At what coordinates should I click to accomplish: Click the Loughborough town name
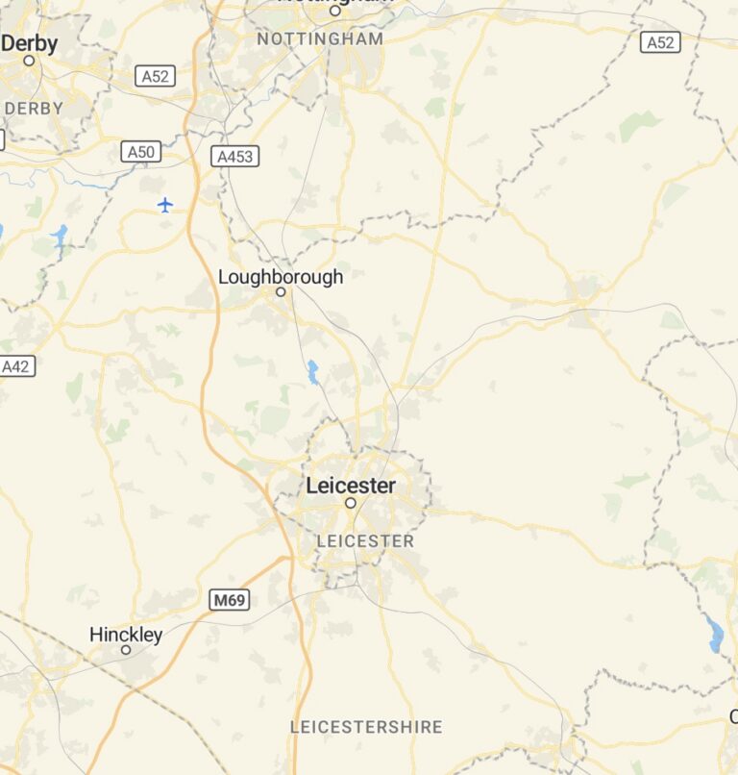(280, 277)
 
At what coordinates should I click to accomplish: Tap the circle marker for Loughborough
(281, 291)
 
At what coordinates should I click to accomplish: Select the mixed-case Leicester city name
(350, 486)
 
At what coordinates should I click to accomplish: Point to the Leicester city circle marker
(351, 503)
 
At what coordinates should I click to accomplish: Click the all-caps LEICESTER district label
(365, 541)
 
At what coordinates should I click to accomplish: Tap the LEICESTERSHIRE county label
(366, 727)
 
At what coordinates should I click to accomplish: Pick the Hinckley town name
(126, 635)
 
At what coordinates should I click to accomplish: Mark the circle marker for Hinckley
(125, 650)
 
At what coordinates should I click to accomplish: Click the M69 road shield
(230, 601)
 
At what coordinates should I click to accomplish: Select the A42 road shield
(16, 366)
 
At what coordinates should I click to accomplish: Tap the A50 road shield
(141, 152)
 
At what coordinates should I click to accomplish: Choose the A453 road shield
(235, 156)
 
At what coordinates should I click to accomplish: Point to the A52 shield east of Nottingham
(660, 42)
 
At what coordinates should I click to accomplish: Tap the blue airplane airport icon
(165, 205)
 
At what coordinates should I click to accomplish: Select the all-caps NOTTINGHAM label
(320, 39)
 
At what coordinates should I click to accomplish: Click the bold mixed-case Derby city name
(30, 43)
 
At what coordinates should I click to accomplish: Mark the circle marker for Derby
(29, 60)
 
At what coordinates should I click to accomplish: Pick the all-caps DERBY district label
(34, 109)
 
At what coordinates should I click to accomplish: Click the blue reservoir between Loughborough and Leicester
(312, 372)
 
